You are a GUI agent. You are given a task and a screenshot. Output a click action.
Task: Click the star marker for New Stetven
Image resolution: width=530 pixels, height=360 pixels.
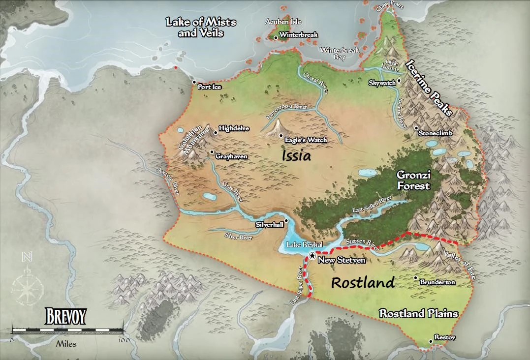312,255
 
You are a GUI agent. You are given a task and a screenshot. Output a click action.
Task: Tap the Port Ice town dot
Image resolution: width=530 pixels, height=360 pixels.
194,82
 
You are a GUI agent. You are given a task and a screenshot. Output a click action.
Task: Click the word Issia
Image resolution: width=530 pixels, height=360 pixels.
297,156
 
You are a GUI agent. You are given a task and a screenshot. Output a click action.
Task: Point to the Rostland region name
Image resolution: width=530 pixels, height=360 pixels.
363,283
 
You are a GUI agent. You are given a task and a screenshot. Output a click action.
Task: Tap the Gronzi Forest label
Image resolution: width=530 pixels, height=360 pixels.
414,180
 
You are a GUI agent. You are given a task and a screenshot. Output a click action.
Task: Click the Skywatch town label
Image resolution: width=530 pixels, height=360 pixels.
382,83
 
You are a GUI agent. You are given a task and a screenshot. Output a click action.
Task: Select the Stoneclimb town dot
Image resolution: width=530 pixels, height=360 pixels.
416,128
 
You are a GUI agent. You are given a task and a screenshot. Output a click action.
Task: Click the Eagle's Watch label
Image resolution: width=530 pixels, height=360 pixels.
306,140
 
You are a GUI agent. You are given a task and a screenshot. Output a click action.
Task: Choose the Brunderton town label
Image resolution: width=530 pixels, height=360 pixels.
437,282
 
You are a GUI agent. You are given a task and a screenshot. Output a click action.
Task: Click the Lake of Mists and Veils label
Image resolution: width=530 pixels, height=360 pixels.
201,28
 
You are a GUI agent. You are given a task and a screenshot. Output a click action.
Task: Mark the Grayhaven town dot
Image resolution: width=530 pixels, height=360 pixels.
212,151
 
